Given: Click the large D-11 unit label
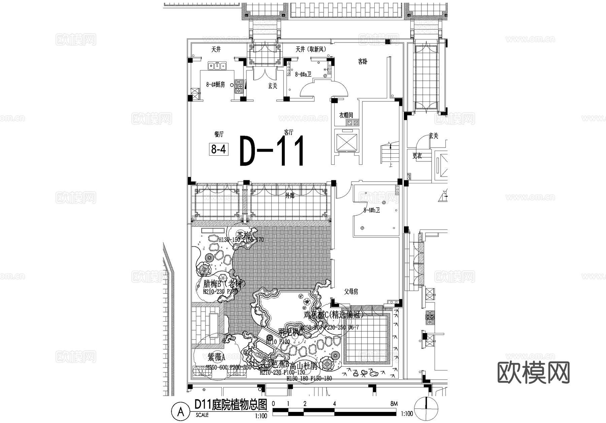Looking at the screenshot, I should [272, 151].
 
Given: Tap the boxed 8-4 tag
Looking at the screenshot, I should [218, 149].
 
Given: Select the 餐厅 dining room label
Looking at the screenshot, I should [219, 134].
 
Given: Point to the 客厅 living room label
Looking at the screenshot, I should [289, 132].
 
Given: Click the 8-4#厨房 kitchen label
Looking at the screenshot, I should [215, 85].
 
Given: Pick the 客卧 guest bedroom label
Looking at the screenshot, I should [363, 62].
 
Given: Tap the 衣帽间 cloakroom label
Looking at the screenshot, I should [346, 115].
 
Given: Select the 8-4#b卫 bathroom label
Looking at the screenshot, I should [372, 210].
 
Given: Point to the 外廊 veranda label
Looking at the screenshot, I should [290, 196].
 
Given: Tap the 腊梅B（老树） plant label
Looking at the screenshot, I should [224, 284].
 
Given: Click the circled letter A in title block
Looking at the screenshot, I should [181, 411].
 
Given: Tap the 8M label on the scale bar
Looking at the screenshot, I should [394, 404].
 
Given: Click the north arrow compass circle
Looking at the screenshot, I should [427, 409].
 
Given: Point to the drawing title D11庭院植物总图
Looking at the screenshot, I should [231, 404].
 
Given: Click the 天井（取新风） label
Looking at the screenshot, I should [310, 50].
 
